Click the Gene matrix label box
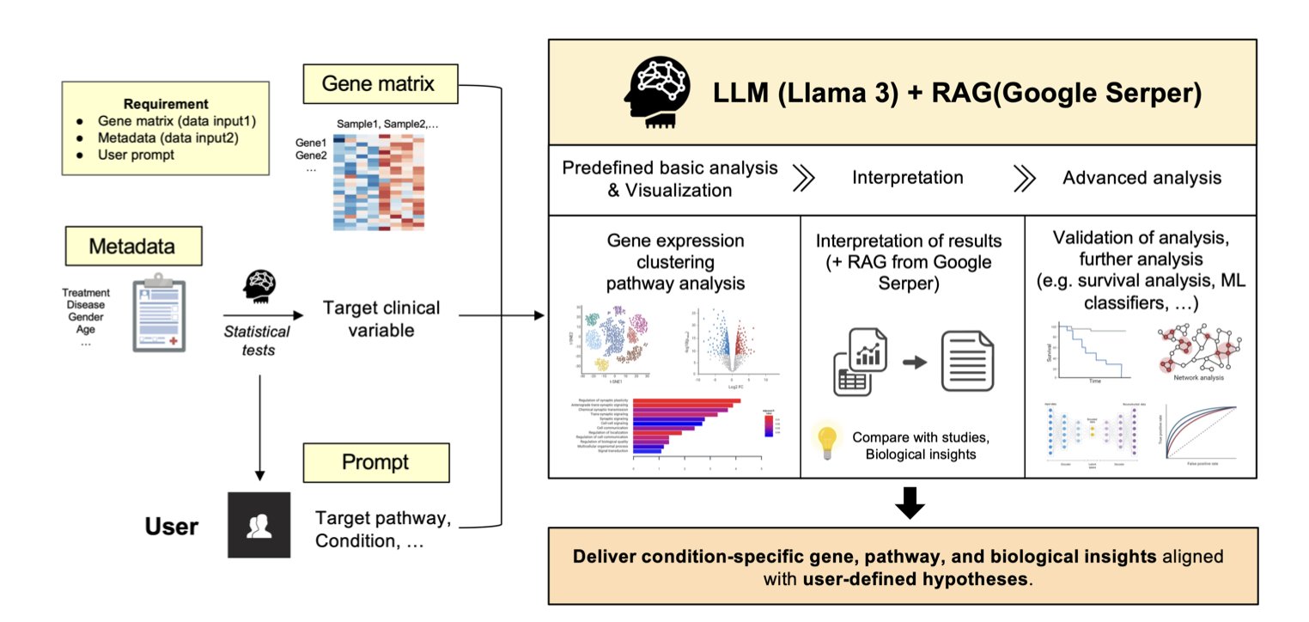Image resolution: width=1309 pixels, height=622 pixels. (x=377, y=84)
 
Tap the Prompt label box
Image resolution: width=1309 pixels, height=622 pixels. (x=375, y=462)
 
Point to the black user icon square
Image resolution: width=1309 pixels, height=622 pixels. (x=259, y=526)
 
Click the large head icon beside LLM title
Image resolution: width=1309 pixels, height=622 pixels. (x=659, y=92)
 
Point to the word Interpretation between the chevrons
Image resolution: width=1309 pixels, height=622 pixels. (x=907, y=178)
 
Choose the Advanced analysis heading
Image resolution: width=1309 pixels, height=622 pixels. (x=1142, y=178)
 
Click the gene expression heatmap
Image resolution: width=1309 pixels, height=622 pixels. (x=381, y=180)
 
